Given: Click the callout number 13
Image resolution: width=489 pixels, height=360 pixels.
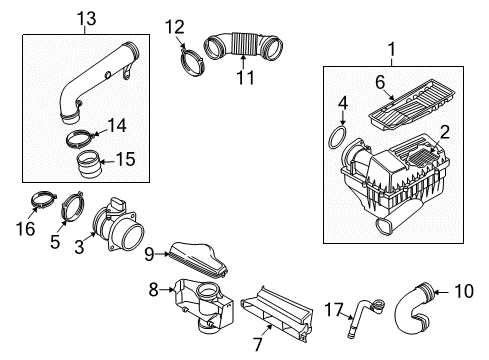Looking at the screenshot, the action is (87, 19).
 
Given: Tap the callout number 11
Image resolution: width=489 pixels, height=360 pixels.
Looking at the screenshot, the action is (245, 78).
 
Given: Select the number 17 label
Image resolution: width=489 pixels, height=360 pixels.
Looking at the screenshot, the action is (334, 310).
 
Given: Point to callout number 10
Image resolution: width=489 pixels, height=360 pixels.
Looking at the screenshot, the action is (464, 291).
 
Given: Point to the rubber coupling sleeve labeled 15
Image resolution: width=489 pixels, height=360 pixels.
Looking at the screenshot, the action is (89, 164).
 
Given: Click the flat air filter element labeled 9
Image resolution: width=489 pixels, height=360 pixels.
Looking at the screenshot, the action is (199, 260).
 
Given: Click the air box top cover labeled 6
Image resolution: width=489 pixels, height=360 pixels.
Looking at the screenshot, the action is (412, 104).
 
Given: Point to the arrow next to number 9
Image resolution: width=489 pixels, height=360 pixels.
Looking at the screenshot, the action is (163, 254).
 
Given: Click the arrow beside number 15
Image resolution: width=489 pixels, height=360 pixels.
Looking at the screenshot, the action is (107, 162).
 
